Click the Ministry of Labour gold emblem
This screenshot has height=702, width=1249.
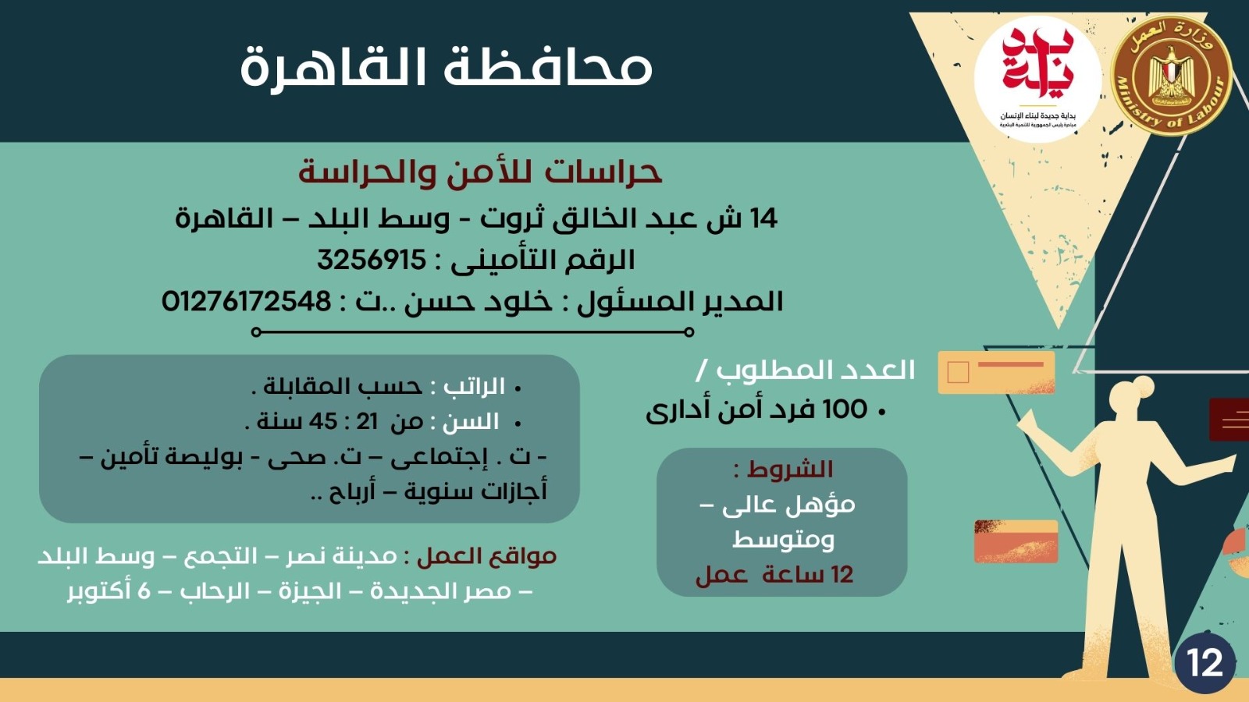click(x=1170, y=75)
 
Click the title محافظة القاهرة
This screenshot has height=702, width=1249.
click(x=446, y=67)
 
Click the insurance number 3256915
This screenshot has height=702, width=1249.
click(x=372, y=260)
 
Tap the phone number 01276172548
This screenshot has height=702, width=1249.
click(x=247, y=301)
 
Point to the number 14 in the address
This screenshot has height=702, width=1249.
click(x=763, y=218)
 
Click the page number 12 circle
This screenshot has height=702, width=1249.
click(x=1205, y=663)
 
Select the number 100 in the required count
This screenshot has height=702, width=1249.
click(x=845, y=409)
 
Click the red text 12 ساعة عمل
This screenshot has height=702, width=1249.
click(x=774, y=576)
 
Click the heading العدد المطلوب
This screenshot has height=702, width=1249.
click(x=816, y=370)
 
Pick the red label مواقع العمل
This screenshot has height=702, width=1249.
click(x=486, y=556)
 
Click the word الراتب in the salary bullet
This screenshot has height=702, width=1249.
click(x=474, y=387)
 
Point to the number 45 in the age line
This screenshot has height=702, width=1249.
click(x=322, y=422)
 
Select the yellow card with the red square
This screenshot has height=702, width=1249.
click(x=996, y=372)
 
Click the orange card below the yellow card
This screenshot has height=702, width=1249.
click(x=1016, y=541)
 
